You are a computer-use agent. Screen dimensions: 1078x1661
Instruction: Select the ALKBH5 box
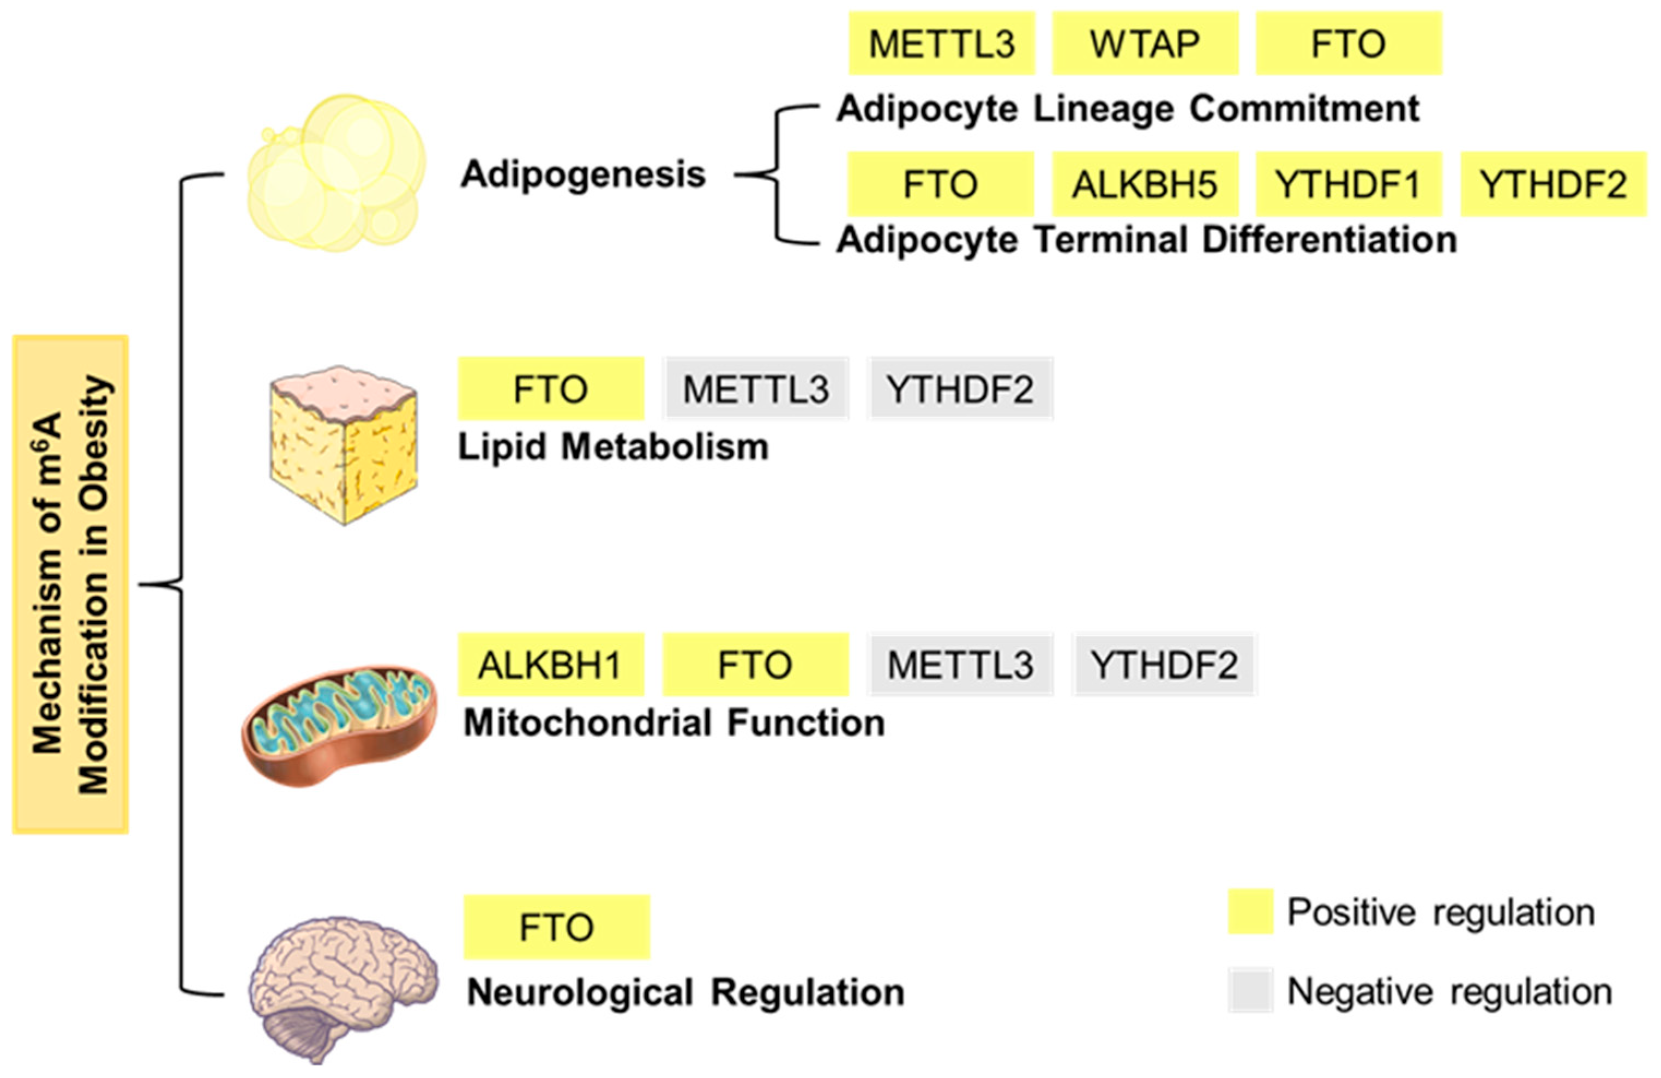click(1145, 185)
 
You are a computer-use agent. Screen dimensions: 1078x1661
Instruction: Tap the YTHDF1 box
click(1349, 185)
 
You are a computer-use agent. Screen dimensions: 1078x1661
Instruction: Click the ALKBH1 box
click(551, 664)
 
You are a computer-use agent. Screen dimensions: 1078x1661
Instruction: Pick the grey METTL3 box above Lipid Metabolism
click(756, 389)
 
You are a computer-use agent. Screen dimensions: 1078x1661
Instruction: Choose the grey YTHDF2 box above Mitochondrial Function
click(1164, 664)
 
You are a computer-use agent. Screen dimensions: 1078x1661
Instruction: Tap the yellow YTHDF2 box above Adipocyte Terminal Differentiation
click(1554, 185)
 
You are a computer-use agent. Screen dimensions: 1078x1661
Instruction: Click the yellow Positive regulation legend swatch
click(1250, 911)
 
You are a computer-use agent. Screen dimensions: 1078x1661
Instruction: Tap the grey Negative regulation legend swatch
click(1250, 990)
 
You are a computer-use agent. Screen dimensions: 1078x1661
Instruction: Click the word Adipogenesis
click(583, 174)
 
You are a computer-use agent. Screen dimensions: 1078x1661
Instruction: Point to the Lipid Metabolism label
click(613, 447)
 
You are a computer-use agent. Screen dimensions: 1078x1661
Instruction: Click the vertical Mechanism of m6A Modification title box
click(70, 585)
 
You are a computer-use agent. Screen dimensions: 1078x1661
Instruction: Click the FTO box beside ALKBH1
click(755, 664)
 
